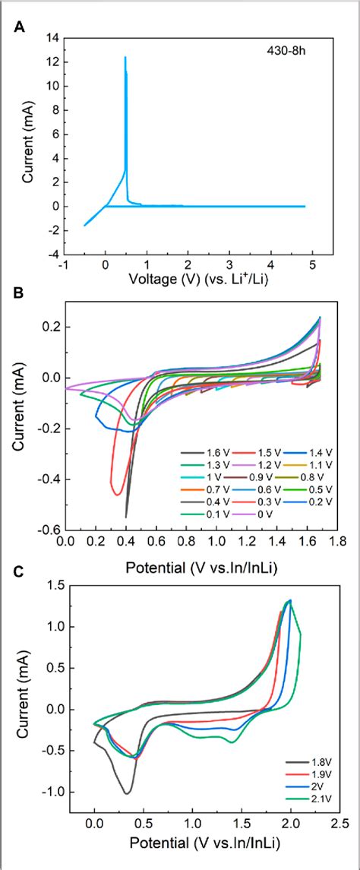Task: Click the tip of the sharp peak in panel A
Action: (x=125, y=57)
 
